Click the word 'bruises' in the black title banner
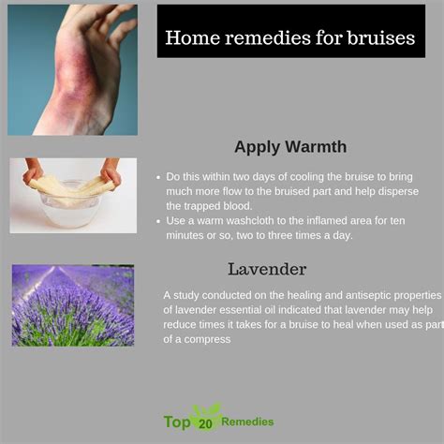point(381,37)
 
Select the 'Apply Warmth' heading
point(290,147)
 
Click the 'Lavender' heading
point(267,269)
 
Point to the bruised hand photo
point(72,70)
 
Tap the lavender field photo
point(73,305)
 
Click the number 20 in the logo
point(205,424)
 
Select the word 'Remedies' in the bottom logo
point(247,422)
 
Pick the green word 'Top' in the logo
point(177,422)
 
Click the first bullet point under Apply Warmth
point(158,177)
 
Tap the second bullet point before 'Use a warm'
point(158,221)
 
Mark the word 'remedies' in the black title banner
point(268,37)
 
